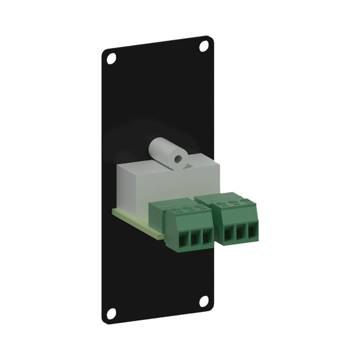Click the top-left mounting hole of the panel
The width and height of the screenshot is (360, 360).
pyautogui.click(x=111, y=58)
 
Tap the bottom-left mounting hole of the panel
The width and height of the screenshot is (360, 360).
pyautogui.click(x=111, y=313)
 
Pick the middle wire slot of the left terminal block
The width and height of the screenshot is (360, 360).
pyautogui.click(x=195, y=238)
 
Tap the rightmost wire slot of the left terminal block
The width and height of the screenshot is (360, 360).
pyautogui.click(x=206, y=236)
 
